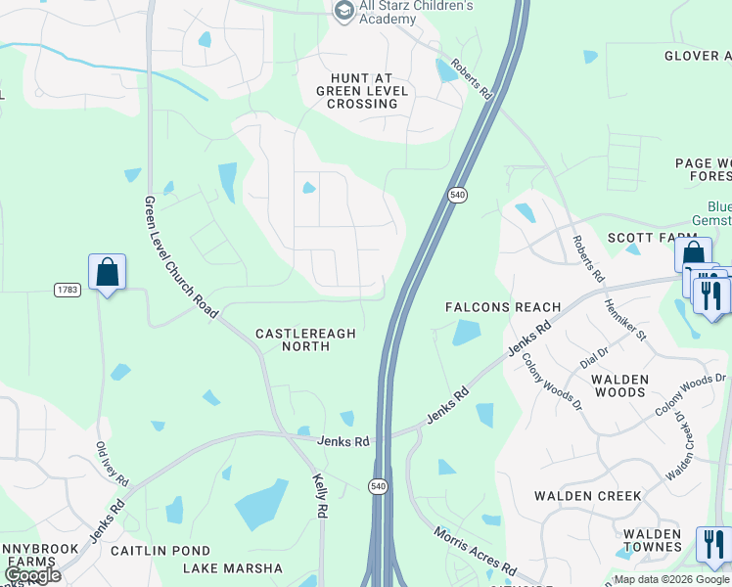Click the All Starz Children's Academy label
click(405, 12)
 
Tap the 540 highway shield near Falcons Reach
click(457, 196)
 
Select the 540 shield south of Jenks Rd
click(378, 485)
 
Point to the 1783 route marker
click(67, 290)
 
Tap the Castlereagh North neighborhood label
click(305, 339)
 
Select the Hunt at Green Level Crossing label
click(363, 91)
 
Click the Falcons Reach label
click(503, 307)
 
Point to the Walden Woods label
click(619, 385)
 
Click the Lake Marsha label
click(232, 568)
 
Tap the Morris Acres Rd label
click(475, 553)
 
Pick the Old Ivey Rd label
click(112, 465)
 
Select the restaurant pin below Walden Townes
click(712, 543)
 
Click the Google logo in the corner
click(32, 575)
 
